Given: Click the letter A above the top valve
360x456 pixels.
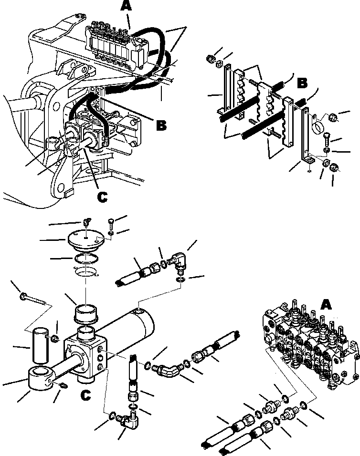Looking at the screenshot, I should click(126, 7).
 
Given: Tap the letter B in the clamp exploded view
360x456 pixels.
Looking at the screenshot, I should click(302, 83).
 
